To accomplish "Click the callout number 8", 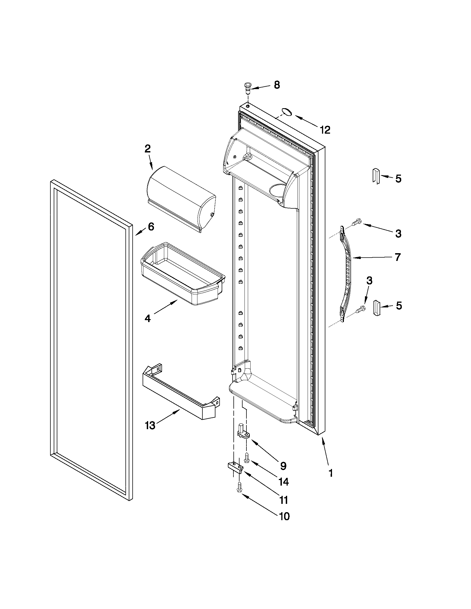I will coord(276,85).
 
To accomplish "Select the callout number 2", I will coord(148,149).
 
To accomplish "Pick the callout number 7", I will coord(398,257).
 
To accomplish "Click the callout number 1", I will coord(331,473).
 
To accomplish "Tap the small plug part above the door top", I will coord(247,88).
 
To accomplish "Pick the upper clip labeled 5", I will coord(375,176).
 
